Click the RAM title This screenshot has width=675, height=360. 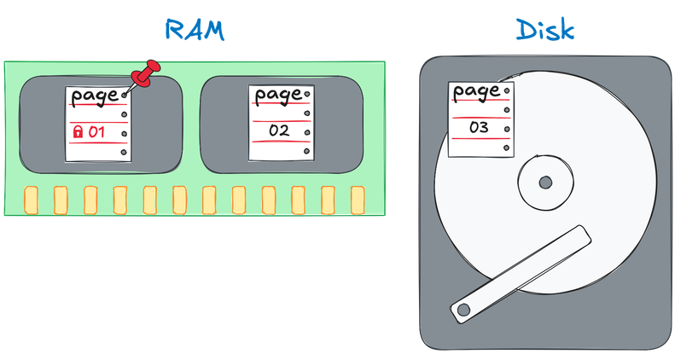pos(195,30)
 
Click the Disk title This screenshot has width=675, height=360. pos(545,30)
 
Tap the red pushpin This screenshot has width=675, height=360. pos(146,74)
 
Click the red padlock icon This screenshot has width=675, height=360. pos(78,131)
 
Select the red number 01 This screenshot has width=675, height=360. pos(96,131)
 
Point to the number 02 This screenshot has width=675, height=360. pos(279,131)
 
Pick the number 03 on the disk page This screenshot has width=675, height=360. pos(479,127)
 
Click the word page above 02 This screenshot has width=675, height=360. pos(278,95)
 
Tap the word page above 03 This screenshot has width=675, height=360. pos(476,91)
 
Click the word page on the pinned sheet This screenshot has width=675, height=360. pos(94,96)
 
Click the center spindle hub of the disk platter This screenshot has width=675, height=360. pos(545,183)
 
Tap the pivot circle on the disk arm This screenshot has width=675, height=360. pos(463,310)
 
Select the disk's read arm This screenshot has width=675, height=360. pos(520,274)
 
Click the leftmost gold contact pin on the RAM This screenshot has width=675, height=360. pos(31,200)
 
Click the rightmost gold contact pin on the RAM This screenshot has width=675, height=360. pos(358,200)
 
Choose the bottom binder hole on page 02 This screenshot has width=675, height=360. pos(307,151)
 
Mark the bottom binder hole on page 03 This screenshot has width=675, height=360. pos(507,148)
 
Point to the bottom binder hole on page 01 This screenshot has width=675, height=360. pos(124,152)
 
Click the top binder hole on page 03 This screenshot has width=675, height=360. pos(507,90)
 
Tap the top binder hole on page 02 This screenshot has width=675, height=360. pos(307,94)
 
